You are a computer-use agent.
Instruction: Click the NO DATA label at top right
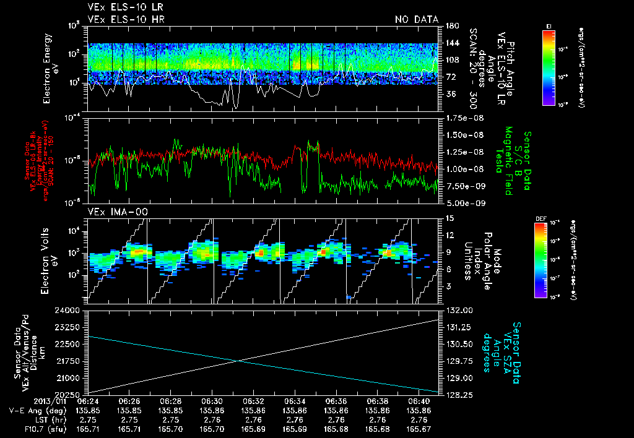[416, 19]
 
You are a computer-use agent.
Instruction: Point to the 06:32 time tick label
[253, 401]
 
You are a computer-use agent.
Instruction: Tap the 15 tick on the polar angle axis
[448, 218]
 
